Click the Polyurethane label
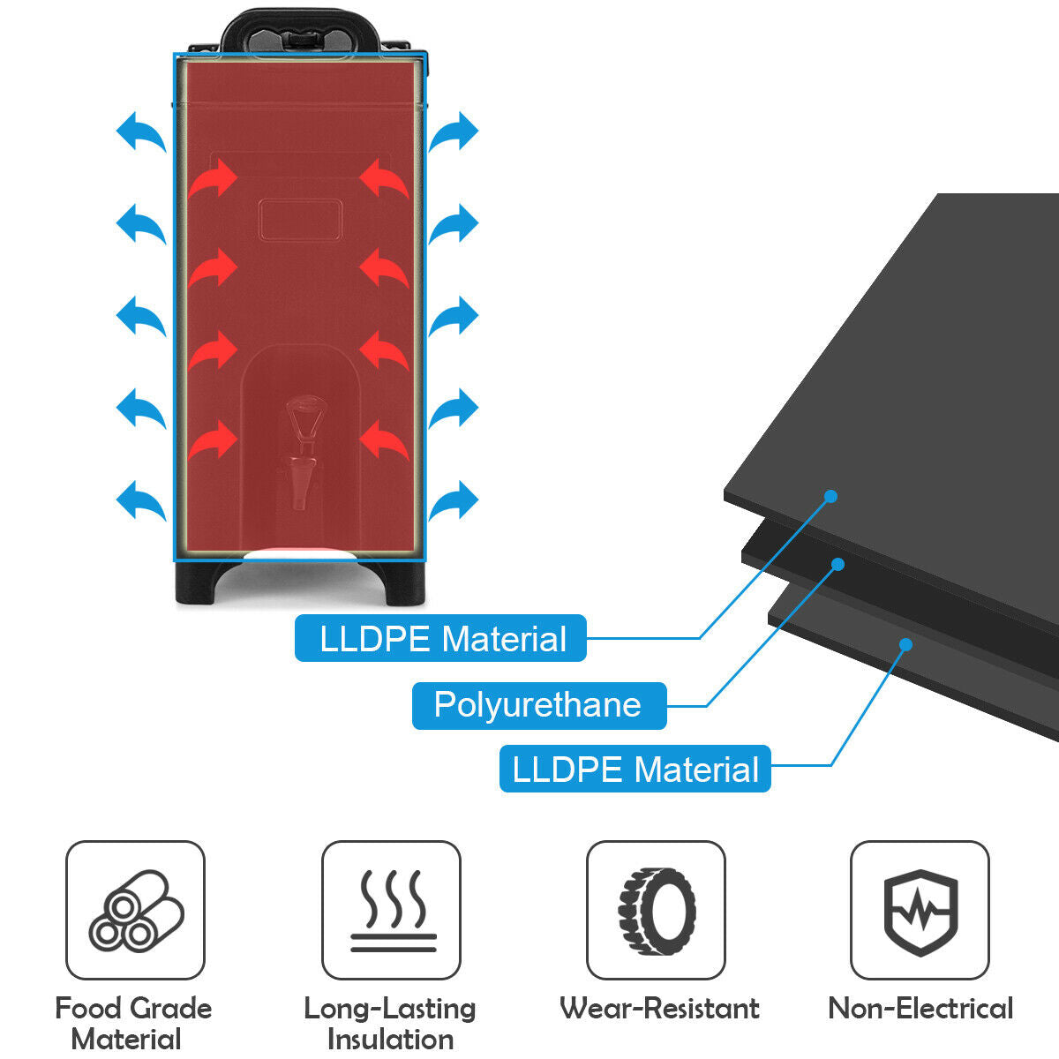pos(538,705)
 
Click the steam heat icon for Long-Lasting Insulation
pos(391,910)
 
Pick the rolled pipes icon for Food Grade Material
pos(135,910)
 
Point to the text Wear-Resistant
pos(658,1008)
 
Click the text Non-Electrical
pos(920,1008)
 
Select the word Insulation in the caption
pos(390,1039)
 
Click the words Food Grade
pos(133,1008)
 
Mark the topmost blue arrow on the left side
pos(141,131)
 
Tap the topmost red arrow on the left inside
pos(214,179)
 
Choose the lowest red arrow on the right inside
pos(384,439)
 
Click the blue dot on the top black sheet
pos(830,496)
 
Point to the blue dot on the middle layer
pos(837,563)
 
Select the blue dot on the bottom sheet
pos(905,644)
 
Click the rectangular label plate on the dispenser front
pos(300,219)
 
